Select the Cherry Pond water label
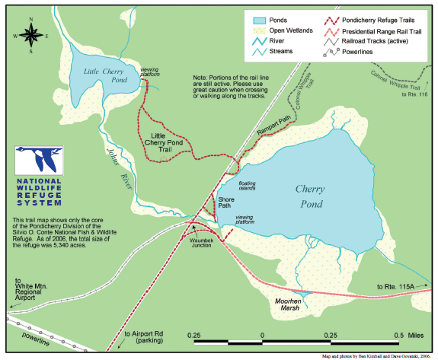click(x=310, y=196)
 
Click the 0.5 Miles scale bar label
click(x=404, y=336)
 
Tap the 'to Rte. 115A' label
click(x=396, y=286)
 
